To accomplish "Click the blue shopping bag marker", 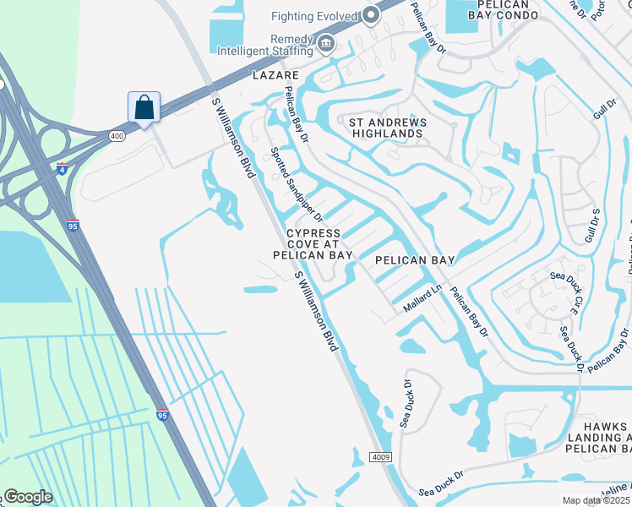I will [x=144, y=107].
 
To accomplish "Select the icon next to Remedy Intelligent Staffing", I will [x=326, y=42].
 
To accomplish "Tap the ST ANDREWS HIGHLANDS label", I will [x=389, y=128].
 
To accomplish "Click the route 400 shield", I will [x=117, y=135].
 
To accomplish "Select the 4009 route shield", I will [x=379, y=457].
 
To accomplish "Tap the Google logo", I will [x=28, y=497].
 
